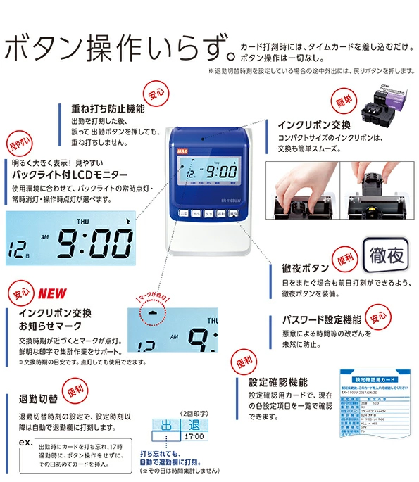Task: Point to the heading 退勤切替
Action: tap(39, 400)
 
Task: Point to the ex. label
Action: tap(25, 443)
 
